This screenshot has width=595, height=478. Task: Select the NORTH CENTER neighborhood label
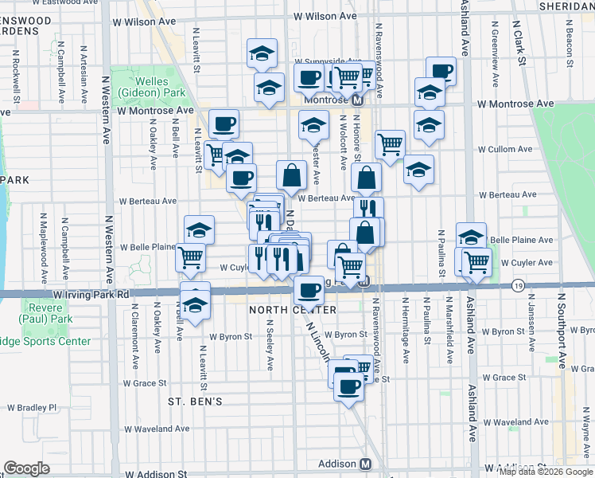(292, 309)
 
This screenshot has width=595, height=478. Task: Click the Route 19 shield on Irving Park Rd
(519, 285)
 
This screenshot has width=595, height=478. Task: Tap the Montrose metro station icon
(358, 101)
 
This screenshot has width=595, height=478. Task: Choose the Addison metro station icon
(366, 464)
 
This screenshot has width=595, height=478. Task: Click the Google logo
(26, 469)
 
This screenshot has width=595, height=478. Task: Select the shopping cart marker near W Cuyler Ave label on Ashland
(476, 261)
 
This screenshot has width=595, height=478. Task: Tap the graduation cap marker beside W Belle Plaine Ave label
(471, 236)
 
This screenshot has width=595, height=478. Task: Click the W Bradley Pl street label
(30, 407)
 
